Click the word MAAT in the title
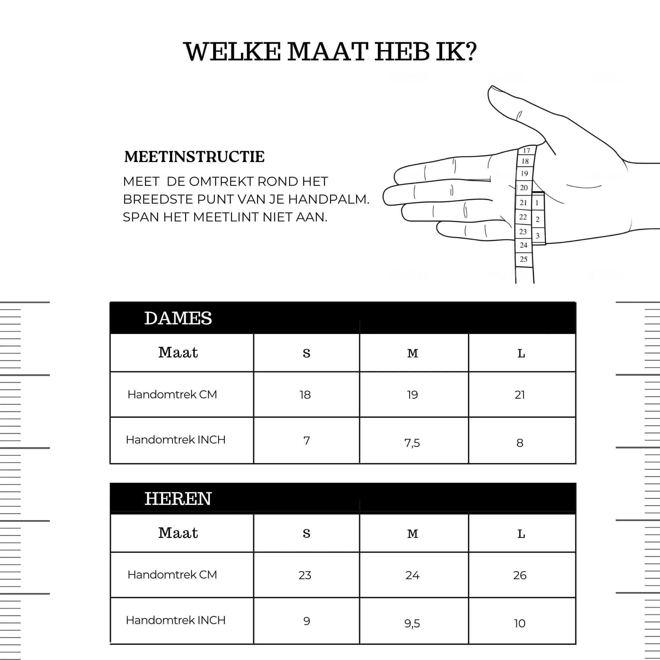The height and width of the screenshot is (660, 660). (x=327, y=52)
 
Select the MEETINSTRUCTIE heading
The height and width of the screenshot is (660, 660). (x=194, y=157)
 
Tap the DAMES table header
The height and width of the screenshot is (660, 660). (x=178, y=318)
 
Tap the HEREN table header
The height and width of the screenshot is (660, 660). (x=178, y=498)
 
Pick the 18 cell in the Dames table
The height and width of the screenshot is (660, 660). (x=305, y=395)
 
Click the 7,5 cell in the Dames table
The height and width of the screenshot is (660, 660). (x=412, y=443)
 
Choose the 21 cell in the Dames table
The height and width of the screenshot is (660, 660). (x=520, y=395)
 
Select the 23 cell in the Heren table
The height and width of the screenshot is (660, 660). (x=305, y=575)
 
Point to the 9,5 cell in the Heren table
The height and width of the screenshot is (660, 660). (x=412, y=623)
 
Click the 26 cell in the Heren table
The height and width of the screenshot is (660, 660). (x=520, y=575)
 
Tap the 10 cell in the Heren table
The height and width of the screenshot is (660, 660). (x=520, y=623)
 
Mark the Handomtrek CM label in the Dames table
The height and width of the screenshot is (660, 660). (x=172, y=394)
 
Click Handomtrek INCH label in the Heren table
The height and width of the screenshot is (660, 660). (x=176, y=620)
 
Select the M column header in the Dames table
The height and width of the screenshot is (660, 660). (x=413, y=353)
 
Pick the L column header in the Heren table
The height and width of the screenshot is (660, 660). (x=521, y=534)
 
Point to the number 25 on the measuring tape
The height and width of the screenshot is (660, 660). (x=524, y=259)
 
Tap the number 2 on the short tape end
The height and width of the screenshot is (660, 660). (x=537, y=219)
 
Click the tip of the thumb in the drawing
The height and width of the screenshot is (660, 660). (x=492, y=89)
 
